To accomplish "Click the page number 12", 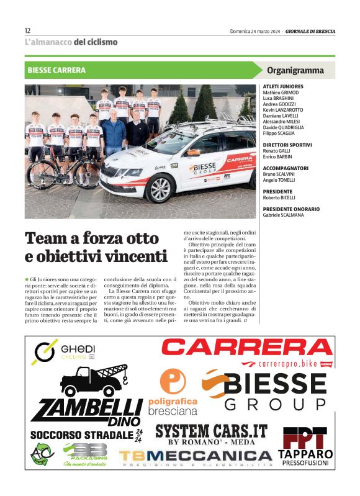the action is click(x=27, y=30).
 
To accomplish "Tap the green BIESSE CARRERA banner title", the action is click(x=56, y=71).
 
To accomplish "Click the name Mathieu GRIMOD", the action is click(x=280, y=92).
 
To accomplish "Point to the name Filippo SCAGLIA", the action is click(x=279, y=133).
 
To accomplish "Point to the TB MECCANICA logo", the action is click(x=196, y=458).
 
